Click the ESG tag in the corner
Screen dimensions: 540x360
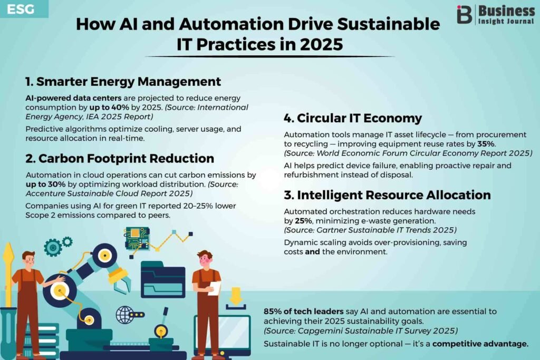pyautogui.click(x=21, y=9)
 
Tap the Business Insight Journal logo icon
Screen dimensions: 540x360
pyautogui.click(x=464, y=14)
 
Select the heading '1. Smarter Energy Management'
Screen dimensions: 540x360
pyautogui.click(x=123, y=82)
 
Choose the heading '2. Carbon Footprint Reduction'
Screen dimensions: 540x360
pyautogui.click(x=120, y=158)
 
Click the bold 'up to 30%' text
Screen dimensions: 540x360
pyautogui.click(x=45, y=184)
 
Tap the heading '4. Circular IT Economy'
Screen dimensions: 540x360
pyautogui.click(x=353, y=118)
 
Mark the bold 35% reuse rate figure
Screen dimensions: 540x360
pyautogui.click(x=486, y=144)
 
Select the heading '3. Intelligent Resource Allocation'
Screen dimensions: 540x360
pyautogui.click(x=387, y=195)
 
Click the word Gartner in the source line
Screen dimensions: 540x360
pyautogui.click(x=330, y=230)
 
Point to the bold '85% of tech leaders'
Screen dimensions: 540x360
pyautogui.click(x=303, y=312)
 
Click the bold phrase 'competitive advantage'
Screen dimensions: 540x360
pyautogui.click(x=480, y=344)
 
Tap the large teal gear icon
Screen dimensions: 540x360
pyautogui.click(x=53, y=247)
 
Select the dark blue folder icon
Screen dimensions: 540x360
pyautogui.click(x=162, y=279)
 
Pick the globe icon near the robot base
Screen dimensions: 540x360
pyautogui.click(x=124, y=315)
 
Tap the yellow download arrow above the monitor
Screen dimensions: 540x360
pyautogui.click(x=236, y=296)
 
